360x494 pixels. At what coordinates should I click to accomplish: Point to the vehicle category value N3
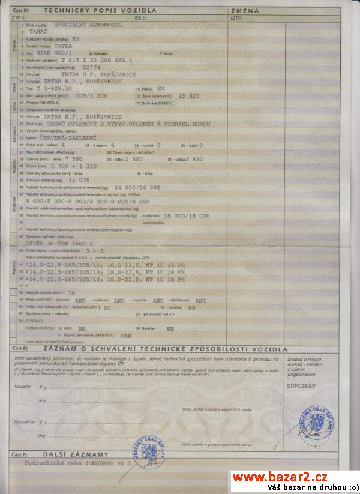click(74, 38)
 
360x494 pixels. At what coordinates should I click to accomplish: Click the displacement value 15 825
click(190, 96)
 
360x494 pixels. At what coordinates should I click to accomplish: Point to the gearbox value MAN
click(126, 336)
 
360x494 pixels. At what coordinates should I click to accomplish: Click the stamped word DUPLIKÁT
click(301, 386)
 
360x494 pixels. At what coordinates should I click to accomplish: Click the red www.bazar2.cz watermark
click(280, 477)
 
